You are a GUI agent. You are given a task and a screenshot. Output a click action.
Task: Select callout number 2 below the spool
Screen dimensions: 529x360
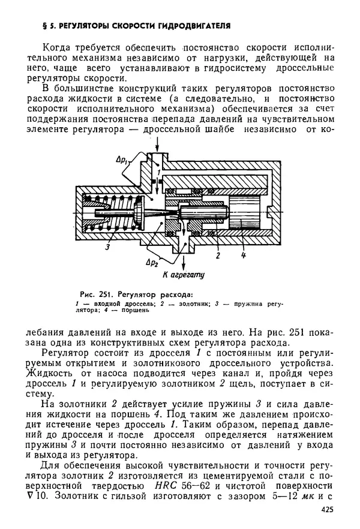tap(218, 256)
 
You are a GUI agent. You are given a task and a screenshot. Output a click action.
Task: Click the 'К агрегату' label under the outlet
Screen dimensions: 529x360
tap(184, 276)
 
